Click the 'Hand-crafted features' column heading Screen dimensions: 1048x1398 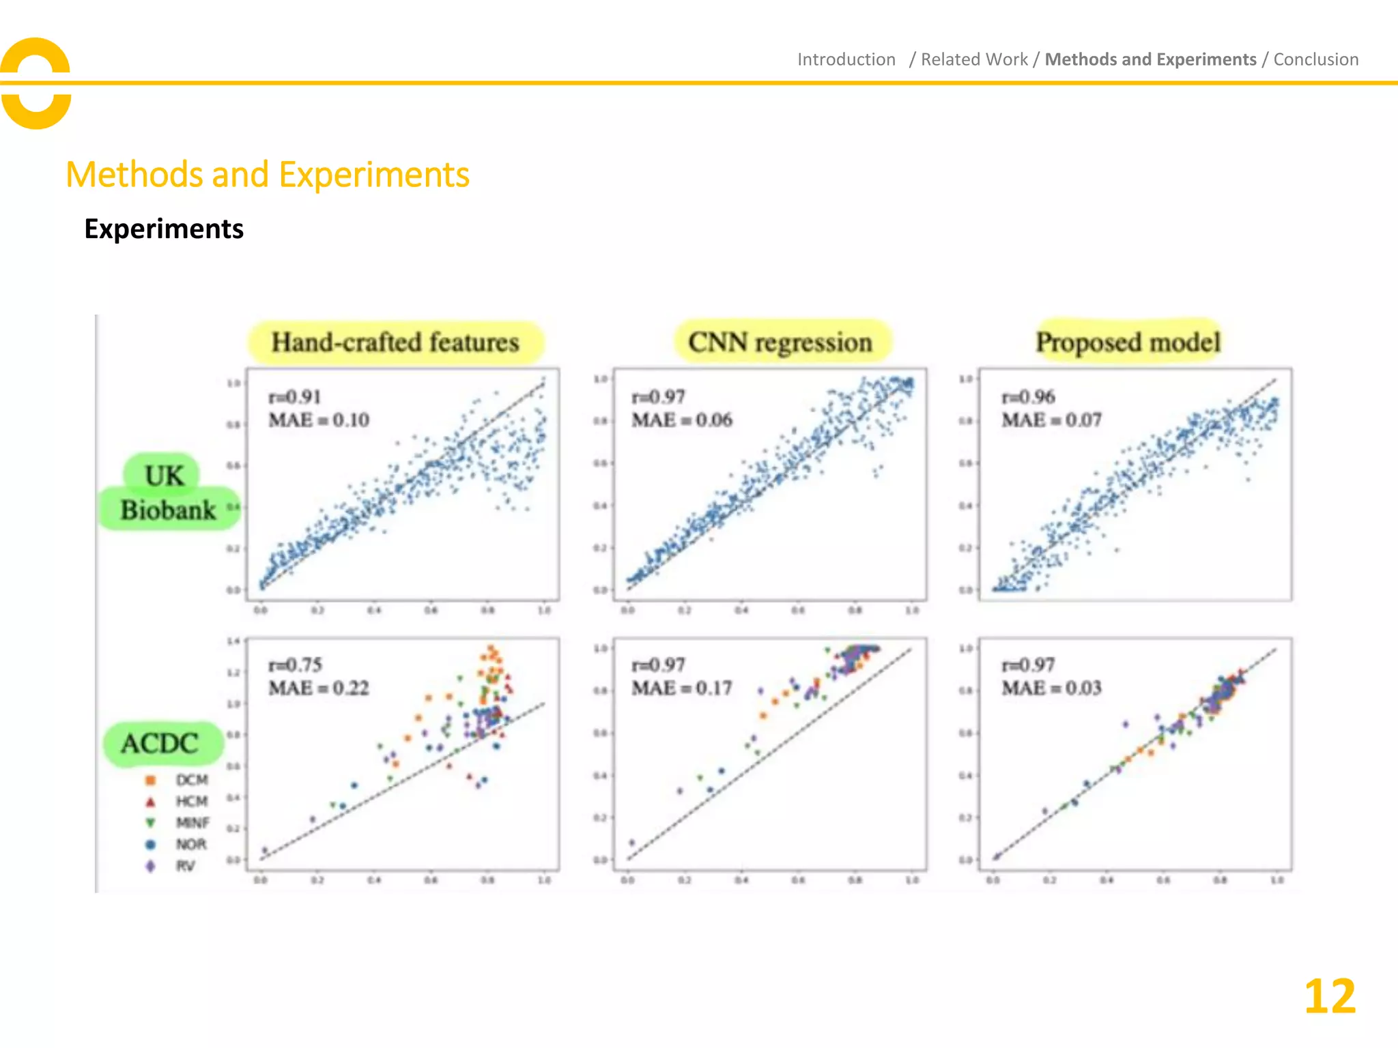[x=395, y=342]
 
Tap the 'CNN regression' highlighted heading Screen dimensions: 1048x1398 [x=780, y=342]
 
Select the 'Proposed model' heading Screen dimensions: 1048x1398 [x=1128, y=342]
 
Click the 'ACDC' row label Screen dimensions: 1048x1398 [x=160, y=743]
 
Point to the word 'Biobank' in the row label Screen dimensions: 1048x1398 [x=168, y=510]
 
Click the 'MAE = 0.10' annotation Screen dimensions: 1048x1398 [x=319, y=420]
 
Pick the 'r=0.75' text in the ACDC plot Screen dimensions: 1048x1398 [x=295, y=665]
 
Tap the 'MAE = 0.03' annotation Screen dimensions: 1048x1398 [x=1051, y=688]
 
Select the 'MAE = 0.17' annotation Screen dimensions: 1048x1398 [x=681, y=688]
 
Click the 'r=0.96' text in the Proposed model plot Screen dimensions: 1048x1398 [x=1028, y=396]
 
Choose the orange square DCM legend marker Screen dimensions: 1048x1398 [x=151, y=780]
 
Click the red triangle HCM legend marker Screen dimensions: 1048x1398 [x=151, y=802]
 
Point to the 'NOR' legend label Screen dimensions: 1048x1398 [x=191, y=845]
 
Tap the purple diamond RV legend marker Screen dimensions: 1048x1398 [x=151, y=866]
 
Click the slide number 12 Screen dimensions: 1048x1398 [x=1329, y=997]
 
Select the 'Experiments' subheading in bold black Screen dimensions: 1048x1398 [x=164, y=229]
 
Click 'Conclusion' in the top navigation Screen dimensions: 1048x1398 [x=1315, y=59]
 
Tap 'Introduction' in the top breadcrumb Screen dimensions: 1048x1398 [x=846, y=59]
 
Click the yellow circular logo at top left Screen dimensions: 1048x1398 [x=35, y=83]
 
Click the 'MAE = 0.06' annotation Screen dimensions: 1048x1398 [x=681, y=420]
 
